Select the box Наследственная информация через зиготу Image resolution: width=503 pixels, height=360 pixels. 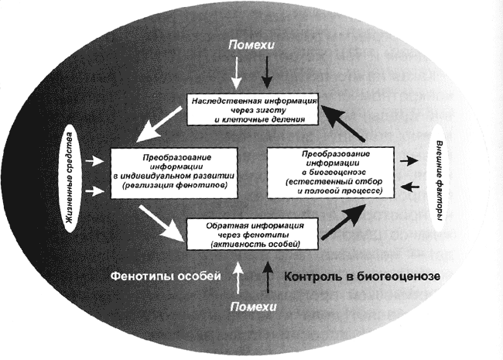click(x=251, y=109)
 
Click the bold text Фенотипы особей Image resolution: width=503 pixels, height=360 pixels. click(x=166, y=276)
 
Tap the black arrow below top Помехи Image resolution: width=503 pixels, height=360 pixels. click(x=265, y=74)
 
